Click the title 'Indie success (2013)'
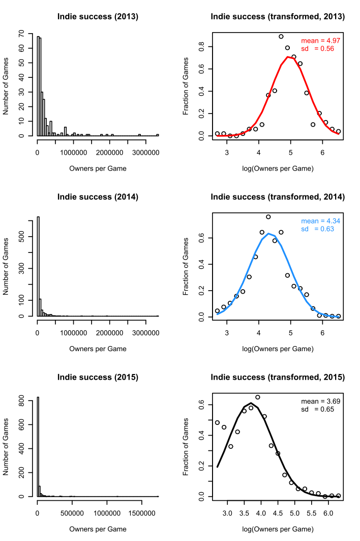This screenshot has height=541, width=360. click(97, 17)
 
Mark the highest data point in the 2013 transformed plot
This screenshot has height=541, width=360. click(281, 37)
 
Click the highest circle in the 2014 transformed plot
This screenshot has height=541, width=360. click(268, 217)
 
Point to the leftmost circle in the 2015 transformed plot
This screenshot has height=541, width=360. click(218, 422)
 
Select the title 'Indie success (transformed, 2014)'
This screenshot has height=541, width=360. click(278, 197)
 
